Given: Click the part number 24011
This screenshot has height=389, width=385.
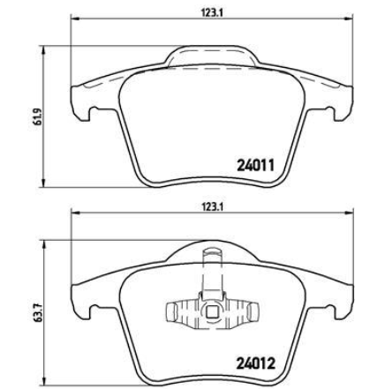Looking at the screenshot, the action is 255,165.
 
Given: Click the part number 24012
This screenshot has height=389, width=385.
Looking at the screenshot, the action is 255,363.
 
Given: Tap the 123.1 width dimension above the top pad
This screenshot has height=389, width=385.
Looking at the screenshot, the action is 211,12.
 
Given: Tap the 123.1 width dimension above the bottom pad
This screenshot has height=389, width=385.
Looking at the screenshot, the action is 211,206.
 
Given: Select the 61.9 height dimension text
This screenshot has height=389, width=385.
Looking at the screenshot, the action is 37,116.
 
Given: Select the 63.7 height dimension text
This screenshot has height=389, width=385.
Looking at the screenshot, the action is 37,313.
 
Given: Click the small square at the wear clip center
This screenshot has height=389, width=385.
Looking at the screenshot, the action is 211,312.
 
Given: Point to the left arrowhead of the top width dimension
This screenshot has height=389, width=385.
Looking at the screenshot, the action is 76,19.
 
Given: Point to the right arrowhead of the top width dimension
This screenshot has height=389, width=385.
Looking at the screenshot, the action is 348,19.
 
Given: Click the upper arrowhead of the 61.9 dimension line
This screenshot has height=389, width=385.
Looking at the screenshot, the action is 44,50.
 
